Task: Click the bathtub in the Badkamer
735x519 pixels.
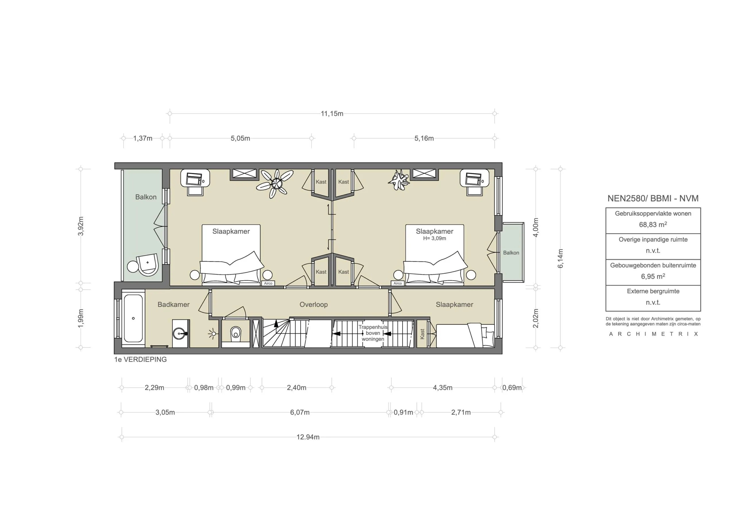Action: (x=133, y=318)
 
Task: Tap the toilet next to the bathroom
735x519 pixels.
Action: (x=236, y=333)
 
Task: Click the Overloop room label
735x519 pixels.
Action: (x=314, y=305)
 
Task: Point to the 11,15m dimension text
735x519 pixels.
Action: (x=332, y=114)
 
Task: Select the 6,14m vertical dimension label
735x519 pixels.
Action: (x=560, y=258)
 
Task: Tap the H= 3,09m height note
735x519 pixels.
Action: (x=434, y=238)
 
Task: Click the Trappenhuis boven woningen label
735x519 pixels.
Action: (x=373, y=333)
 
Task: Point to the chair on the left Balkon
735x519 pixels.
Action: (x=148, y=264)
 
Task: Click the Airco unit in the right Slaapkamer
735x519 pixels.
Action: (x=398, y=283)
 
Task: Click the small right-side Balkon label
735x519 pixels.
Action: (x=511, y=253)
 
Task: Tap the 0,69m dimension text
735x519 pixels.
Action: (x=512, y=388)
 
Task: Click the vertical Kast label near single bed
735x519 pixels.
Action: (x=422, y=334)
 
